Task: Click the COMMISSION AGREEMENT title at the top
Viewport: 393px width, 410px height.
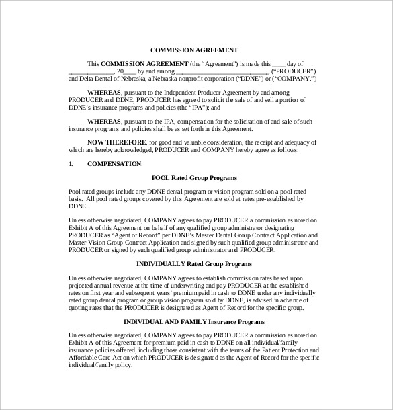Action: tap(193, 50)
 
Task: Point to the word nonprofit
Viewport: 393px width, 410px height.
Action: tap(188, 79)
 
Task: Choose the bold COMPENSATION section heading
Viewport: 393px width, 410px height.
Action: tap(115, 164)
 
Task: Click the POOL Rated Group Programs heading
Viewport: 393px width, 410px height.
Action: tap(193, 177)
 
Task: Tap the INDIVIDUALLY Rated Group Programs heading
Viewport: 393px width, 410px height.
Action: tap(193, 264)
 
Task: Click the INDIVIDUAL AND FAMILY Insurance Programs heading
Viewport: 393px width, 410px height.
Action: tap(193, 321)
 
